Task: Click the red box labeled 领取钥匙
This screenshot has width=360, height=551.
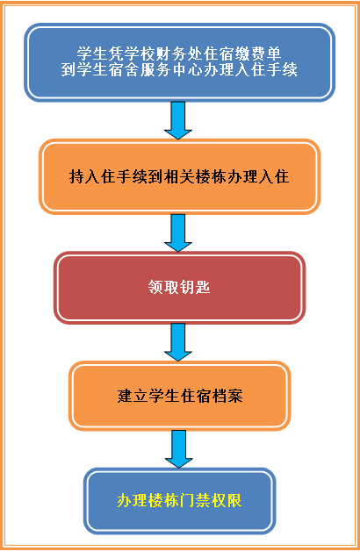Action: (x=179, y=288)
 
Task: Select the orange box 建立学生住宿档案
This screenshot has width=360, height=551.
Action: (x=179, y=396)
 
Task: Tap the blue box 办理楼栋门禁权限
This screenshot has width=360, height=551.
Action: (x=179, y=501)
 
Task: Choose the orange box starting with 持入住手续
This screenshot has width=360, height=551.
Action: (x=179, y=176)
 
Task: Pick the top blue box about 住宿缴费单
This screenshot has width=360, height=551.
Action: (x=179, y=62)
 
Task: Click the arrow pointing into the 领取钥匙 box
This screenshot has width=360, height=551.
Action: (x=178, y=233)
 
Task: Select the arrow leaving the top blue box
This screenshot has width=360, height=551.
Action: (x=178, y=120)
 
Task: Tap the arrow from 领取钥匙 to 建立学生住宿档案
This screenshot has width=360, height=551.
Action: (x=178, y=342)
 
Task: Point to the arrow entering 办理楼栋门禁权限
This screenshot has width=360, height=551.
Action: (x=178, y=449)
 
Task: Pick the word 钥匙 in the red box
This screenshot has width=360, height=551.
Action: (x=195, y=288)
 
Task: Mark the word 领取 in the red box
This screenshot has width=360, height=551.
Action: (x=163, y=288)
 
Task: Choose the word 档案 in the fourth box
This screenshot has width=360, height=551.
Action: (x=227, y=396)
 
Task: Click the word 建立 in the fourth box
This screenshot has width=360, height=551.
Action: (x=133, y=396)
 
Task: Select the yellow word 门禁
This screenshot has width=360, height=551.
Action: (x=195, y=501)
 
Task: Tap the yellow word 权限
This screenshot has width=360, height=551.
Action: (x=227, y=501)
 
